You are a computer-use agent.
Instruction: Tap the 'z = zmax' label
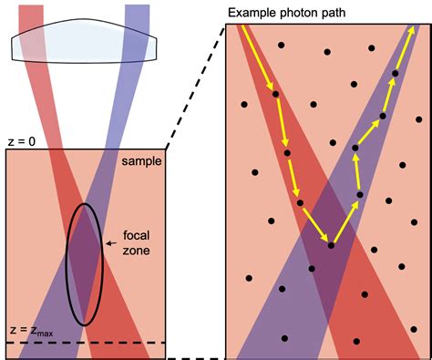pos(27,330)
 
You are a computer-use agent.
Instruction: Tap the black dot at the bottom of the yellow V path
pos(331,245)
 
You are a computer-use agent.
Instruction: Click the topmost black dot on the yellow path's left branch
pos(274,92)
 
